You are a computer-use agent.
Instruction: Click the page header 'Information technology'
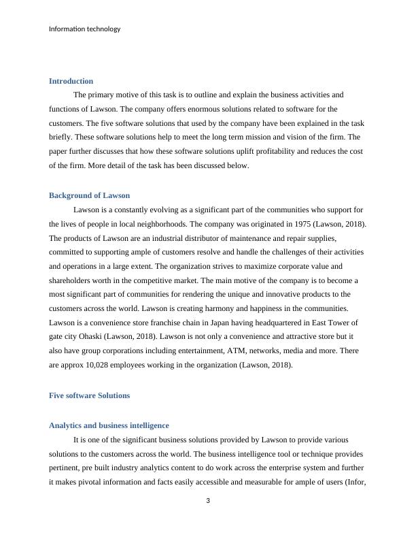pyautogui.click(x=85, y=29)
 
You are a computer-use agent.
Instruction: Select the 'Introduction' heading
pyautogui.click(x=71, y=81)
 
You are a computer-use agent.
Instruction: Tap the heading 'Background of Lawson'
pyautogui.click(x=89, y=195)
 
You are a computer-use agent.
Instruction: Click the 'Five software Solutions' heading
pyautogui.click(x=89, y=395)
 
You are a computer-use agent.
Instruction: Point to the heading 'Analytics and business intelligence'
pyautogui.click(x=109, y=425)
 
